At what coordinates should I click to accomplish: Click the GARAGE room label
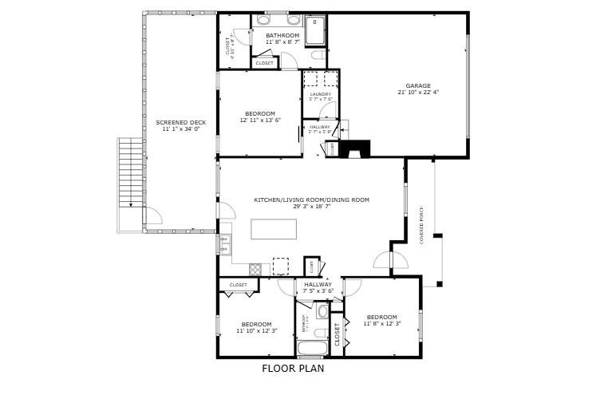pos(417,85)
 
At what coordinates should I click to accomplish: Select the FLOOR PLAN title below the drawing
pos(293,369)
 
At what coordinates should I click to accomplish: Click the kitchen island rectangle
pos(274,228)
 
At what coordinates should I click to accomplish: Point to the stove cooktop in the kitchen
pos(255,269)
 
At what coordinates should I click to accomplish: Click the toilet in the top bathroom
pos(318,56)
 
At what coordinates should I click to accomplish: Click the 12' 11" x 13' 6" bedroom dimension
pos(259,120)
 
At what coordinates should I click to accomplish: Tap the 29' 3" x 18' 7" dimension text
pos(311,206)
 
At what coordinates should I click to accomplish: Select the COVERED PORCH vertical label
pos(421,226)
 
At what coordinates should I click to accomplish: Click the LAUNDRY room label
pos(320,94)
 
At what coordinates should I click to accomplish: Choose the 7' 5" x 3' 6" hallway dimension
pos(318,291)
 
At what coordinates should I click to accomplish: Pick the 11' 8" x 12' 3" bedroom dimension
pos(381,323)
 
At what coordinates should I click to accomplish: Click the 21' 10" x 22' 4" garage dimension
pos(418,93)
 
